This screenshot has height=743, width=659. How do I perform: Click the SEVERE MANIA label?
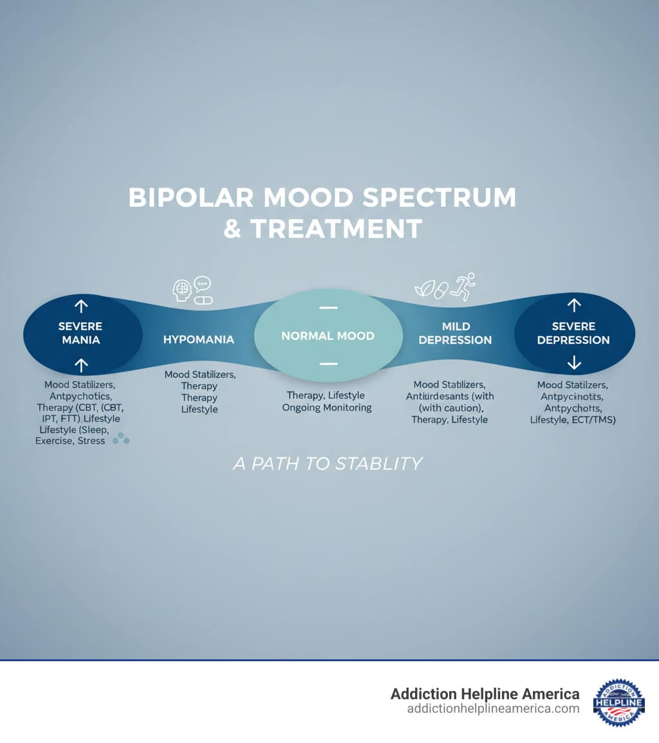tap(80, 333)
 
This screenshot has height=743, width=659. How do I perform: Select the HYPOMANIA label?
tap(199, 339)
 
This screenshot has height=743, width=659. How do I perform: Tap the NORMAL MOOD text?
tap(328, 335)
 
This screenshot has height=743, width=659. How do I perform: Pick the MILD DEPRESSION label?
tap(455, 333)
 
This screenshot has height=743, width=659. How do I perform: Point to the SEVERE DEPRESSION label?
tap(573, 333)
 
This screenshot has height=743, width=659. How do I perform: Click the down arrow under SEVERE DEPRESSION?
tap(574, 364)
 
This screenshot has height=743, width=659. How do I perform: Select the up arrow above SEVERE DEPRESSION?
tap(574, 305)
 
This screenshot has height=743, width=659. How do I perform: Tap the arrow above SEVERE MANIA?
tap(81, 306)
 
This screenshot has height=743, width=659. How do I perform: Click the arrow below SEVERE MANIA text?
tap(81, 366)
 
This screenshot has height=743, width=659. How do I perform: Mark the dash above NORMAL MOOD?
tap(328, 308)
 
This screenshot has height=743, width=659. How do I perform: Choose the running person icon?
tap(463, 286)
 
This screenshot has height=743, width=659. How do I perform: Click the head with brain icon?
tap(182, 290)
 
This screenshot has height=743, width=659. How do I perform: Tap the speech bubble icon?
tap(203, 283)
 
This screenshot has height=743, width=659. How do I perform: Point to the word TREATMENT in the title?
tap(335, 229)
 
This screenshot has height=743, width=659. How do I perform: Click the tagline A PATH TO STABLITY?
tap(328, 464)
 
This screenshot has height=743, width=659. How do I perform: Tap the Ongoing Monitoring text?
tap(327, 408)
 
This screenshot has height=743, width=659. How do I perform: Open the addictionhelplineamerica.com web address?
tap(493, 708)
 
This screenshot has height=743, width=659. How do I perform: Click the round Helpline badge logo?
tap(619, 702)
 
